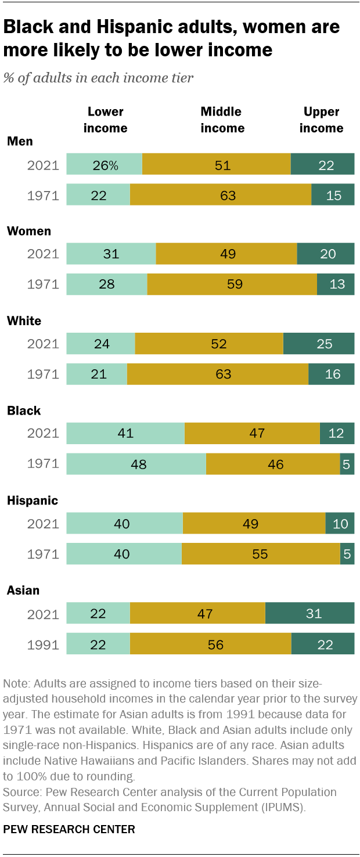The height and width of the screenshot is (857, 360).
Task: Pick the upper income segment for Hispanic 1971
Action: coord(347,554)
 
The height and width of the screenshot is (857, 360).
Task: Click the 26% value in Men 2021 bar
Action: coord(105,165)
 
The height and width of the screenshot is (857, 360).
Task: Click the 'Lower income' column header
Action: coord(105,120)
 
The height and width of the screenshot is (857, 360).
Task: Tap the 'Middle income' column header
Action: coord(222,120)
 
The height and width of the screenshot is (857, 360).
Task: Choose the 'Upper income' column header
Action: coord(321,120)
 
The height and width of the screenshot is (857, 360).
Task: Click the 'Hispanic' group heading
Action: coord(32,500)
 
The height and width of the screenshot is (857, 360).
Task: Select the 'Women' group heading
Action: coord(28,231)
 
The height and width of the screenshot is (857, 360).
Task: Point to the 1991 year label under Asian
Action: coord(44,644)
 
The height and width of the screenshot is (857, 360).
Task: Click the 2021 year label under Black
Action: coord(44,434)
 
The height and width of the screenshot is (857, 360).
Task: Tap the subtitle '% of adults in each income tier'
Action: coord(98,78)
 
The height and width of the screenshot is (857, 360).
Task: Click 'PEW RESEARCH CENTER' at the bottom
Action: coord(69,830)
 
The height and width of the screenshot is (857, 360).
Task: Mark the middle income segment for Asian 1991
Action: coord(210,644)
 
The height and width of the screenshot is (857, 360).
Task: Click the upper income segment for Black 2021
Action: coord(337,434)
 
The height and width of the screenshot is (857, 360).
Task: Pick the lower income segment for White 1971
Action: coord(96,374)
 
